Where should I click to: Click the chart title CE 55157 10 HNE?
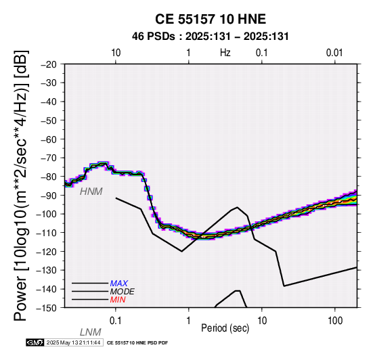[211, 19]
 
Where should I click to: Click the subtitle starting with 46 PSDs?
[211, 37]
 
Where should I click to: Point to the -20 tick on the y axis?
[49, 64]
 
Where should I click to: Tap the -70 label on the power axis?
[49, 158]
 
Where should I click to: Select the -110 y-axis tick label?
[47, 233]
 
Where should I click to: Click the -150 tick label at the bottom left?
[47, 308]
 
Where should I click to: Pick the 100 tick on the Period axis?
[335, 321]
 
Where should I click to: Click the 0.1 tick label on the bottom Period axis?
[116, 321]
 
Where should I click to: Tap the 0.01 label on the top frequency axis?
[334, 53]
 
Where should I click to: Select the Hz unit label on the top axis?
[225, 53]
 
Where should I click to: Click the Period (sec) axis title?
[225, 328]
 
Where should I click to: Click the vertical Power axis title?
[21, 185]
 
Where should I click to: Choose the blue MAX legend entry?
[119, 284]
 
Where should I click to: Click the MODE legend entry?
[123, 292]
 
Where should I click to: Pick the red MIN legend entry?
[118, 300]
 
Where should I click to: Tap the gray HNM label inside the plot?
[91, 192]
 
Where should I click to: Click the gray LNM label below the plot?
[91, 332]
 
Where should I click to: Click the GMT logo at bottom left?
[35, 342]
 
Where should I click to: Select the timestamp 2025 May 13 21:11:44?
[73, 342]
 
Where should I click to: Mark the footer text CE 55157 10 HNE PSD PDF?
[137, 343]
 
